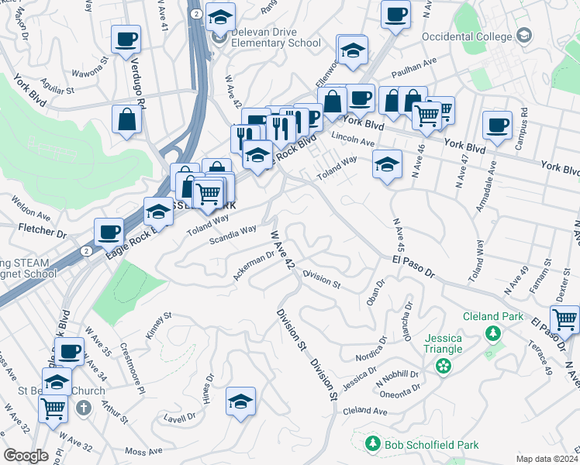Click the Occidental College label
[466, 36]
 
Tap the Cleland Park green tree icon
[492, 333]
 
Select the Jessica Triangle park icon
[444, 365]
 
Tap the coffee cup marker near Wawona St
[126, 39]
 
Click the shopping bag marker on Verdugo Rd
[126, 120]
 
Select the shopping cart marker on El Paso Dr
[564, 318]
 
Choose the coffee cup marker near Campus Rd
[497, 124]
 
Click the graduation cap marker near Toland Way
[387, 164]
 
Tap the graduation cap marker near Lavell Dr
[241, 401]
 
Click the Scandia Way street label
[233, 234]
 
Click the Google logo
[26, 456]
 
